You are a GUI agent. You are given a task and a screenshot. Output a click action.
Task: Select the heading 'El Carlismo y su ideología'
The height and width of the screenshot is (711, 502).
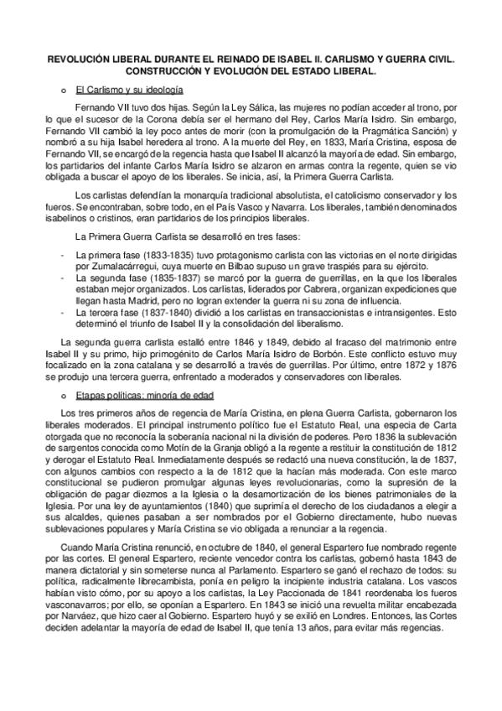pos(128,89)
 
